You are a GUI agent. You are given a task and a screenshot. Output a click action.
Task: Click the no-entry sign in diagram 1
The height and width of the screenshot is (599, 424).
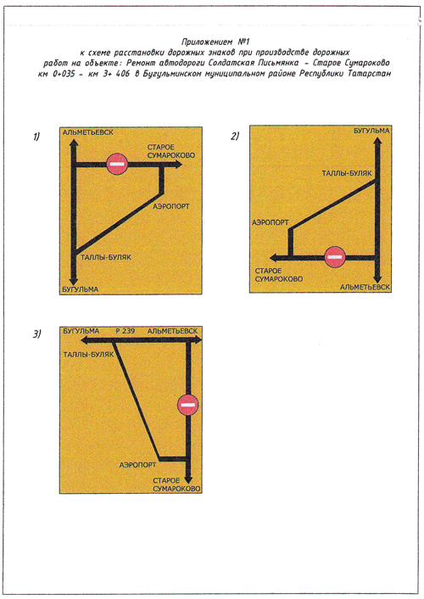pyautogui.click(x=116, y=164)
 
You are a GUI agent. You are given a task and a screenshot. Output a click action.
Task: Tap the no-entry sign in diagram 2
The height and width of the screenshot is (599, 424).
pyautogui.click(x=335, y=257)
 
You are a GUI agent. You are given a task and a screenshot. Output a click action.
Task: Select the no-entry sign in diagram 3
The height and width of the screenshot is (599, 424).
pyautogui.click(x=188, y=405)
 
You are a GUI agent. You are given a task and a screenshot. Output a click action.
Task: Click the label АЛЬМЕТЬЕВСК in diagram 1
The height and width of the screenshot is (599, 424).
pyautogui.click(x=88, y=132)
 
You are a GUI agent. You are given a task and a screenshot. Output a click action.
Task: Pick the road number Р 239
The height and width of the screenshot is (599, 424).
pyautogui.click(x=126, y=331)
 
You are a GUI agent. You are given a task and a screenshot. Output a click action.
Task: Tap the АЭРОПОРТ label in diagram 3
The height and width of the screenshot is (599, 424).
pyautogui.click(x=137, y=465)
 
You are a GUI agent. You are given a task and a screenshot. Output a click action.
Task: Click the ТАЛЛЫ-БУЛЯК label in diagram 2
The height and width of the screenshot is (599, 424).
pyautogui.click(x=347, y=173)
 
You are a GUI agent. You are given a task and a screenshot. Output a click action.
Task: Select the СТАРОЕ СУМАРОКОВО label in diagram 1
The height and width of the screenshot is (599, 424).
pyautogui.click(x=171, y=151)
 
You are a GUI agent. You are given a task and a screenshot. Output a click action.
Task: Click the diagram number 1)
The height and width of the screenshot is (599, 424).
pyautogui.click(x=36, y=137)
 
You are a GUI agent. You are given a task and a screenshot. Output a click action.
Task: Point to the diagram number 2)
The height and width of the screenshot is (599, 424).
pyautogui.click(x=235, y=136)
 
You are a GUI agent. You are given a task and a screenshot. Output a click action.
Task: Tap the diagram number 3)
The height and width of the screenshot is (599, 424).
pyautogui.click(x=36, y=334)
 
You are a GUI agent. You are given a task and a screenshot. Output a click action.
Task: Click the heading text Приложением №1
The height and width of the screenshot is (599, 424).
pyautogui.click(x=215, y=42)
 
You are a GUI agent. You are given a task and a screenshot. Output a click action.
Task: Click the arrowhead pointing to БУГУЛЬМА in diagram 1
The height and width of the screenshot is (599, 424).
pyautogui.click(x=74, y=280)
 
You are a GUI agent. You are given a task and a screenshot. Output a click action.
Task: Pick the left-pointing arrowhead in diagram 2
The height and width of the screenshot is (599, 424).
pyautogui.click(x=275, y=258)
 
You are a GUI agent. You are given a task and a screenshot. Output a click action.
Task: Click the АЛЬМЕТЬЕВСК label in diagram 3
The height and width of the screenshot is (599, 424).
pyautogui.click(x=173, y=331)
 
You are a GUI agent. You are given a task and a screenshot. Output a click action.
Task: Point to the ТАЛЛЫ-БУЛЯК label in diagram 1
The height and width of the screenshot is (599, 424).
pyautogui.click(x=106, y=257)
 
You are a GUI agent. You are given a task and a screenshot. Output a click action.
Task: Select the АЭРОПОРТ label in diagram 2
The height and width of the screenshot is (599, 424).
pyautogui.click(x=271, y=222)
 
